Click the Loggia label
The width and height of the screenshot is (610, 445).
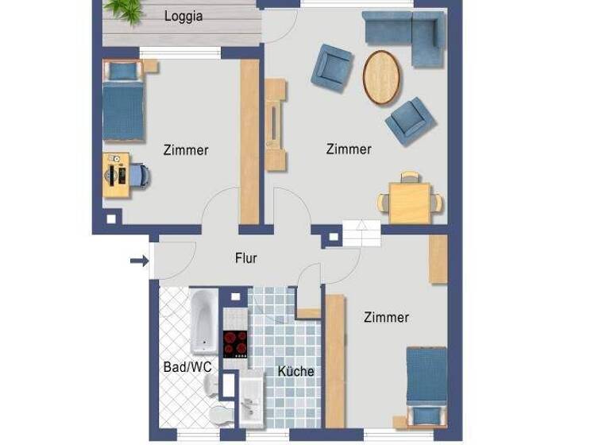click(x=183, y=16)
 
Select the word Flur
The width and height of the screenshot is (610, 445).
click(x=245, y=258)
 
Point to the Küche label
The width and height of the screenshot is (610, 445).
click(x=295, y=371)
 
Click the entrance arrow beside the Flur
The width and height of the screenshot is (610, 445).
click(x=139, y=260)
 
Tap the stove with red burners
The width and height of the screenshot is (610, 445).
click(x=235, y=344)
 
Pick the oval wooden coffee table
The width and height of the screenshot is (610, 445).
click(x=383, y=77)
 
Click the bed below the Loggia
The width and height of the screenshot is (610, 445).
click(x=123, y=102)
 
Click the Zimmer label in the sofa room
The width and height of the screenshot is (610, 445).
click(x=349, y=149)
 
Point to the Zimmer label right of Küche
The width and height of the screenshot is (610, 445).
click(x=386, y=317)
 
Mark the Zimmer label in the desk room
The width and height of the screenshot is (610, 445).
click(x=186, y=149)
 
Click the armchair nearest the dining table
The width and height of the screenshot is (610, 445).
click(x=411, y=120)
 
